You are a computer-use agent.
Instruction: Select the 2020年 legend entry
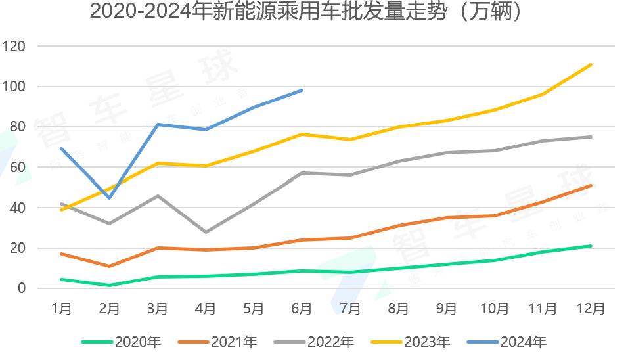tap(122, 342)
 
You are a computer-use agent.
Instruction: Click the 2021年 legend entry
tap(218, 342)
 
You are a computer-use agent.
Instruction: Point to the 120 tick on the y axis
tap(14, 47)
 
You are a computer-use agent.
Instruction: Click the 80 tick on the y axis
tap(17, 127)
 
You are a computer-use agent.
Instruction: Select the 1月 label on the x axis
tap(61, 308)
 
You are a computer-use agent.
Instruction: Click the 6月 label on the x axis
tap(302, 308)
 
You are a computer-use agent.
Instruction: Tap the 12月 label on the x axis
tap(591, 308)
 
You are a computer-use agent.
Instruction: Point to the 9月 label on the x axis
tap(446, 308)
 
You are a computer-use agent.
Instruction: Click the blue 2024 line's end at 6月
tap(302, 90)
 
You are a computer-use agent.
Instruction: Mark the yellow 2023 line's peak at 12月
tap(591, 64)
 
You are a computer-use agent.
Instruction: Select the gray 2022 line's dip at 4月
tap(206, 232)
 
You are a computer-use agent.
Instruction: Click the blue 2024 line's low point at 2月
tap(110, 198)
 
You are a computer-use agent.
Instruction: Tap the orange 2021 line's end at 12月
tap(591, 185)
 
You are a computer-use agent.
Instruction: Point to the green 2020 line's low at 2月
tap(110, 285)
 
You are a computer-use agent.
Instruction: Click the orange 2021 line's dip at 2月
tap(110, 266)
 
